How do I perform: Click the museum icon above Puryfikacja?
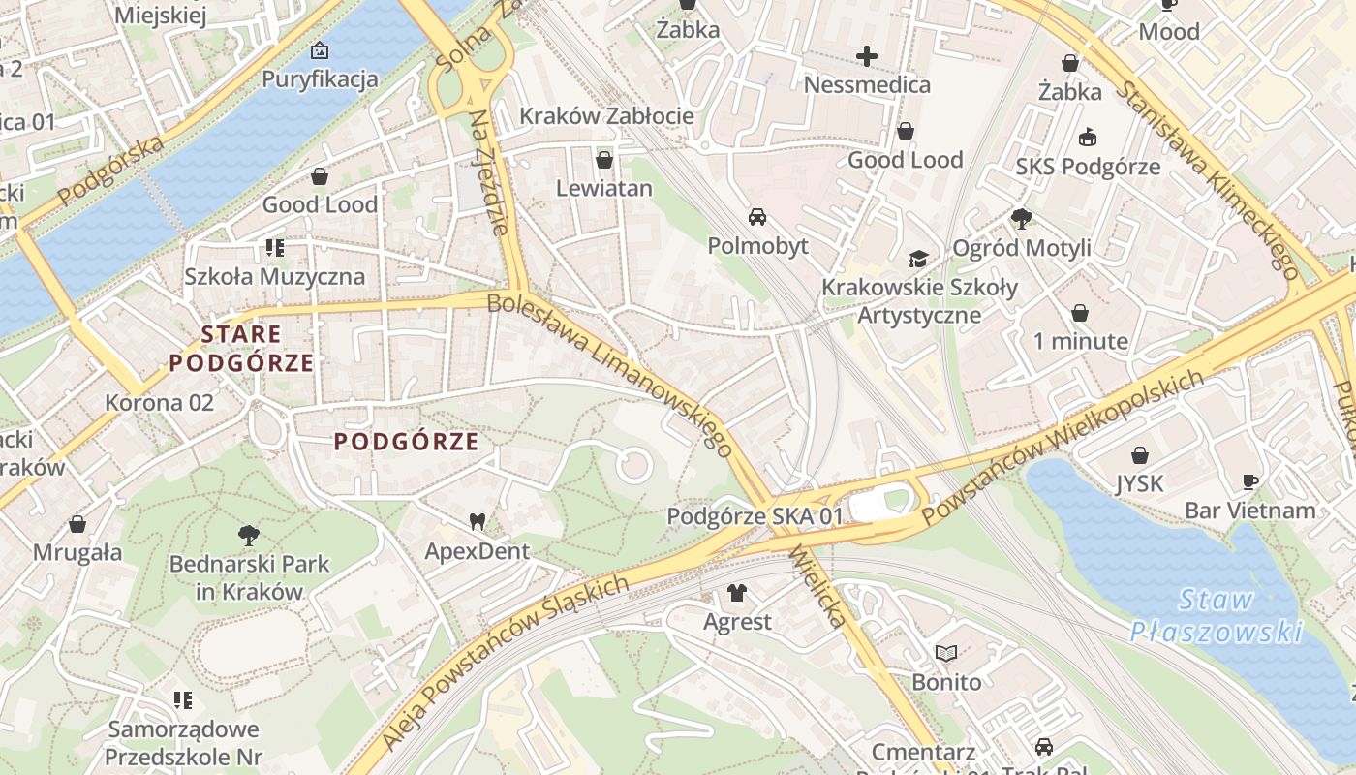[x=320, y=50]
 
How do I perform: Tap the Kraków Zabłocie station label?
[x=606, y=116]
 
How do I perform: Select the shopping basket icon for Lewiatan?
[x=604, y=160]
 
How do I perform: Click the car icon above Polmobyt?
[x=756, y=217]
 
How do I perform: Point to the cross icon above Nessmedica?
[x=867, y=56]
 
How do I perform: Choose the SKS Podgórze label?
[x=1088, y=167]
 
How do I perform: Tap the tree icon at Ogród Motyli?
[x=1021, y=219]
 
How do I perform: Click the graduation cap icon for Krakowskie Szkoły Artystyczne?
[x=918, y=259]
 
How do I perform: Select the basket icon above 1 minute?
[x=1080, y=313]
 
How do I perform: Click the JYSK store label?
[x=1139, y=482]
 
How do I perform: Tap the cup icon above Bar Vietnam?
[x=1250, y=481]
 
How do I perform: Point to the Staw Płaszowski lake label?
[x=1217, y=616]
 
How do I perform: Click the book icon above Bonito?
[x=945, y=654]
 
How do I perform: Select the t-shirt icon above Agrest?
[x=737, y=593]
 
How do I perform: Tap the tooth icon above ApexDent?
[x=477, y=522]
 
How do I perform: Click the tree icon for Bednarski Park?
[x=249, y=535]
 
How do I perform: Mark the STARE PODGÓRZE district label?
[x=241, y=349]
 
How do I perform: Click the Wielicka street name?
[x=818, y=587]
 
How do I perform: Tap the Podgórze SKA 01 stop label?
[x=755, y=516]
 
